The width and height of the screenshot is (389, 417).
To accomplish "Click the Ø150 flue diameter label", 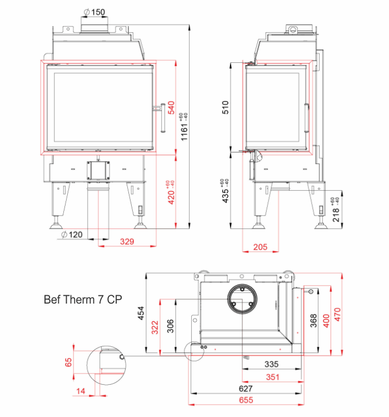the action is [x=94, y=12].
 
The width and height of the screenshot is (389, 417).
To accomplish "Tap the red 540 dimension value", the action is [x=172, y=107].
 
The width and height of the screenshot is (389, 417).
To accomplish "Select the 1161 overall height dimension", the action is [x=184, y=127].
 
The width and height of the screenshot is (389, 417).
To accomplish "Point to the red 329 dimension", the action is [x=127, y=241].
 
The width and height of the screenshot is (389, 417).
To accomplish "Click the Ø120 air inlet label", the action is [x=72, y=235].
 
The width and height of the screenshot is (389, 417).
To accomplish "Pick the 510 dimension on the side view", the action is [x=225, y=107].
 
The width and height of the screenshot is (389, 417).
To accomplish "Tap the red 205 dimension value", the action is [x=260, y=247].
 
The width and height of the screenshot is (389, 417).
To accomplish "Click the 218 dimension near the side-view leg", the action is [x=336, y=210].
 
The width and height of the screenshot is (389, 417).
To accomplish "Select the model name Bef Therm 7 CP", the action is [x=83, y=300].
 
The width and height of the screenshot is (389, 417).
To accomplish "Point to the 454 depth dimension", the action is [x=141, y=313].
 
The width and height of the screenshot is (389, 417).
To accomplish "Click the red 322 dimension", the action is [x=155, y=327].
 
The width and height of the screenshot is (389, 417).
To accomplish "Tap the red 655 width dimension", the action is [x=246, y=400].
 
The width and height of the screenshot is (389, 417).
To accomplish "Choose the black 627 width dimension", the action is [x=246, y=389].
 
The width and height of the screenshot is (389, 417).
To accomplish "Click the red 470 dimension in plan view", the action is [x=337, y=314].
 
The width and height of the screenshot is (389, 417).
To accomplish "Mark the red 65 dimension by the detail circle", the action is [x=68, y=362].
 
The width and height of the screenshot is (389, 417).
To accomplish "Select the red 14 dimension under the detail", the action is [x=81, y=391].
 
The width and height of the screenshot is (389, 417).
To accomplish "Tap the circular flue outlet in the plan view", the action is [x=242, y=299].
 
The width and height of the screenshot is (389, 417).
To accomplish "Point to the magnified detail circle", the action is [x=106, y=365].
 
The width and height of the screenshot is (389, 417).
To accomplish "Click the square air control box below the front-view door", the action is [x=98, y=171].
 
